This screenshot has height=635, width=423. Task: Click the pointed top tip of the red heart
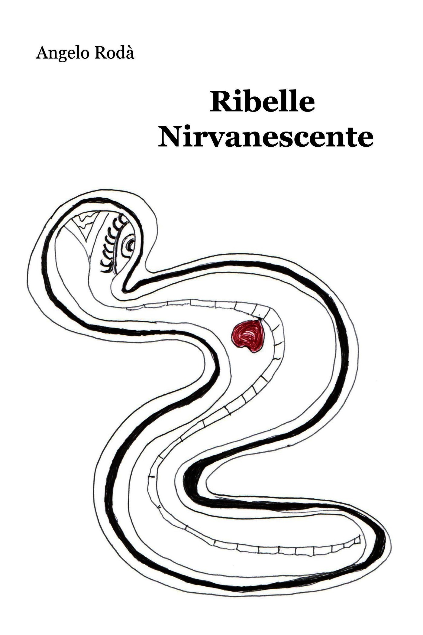click(x=259, y=320)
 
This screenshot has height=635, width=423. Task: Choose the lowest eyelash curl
click(x=105, y=267)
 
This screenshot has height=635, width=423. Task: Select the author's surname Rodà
click(x=115, y=53)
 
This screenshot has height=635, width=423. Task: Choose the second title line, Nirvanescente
click(x=266, y=138)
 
